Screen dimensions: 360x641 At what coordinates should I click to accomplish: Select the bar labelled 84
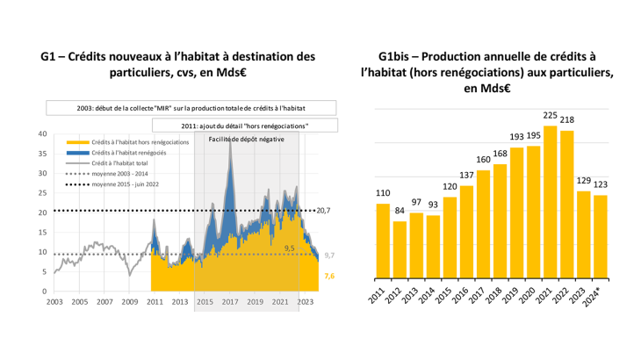400,256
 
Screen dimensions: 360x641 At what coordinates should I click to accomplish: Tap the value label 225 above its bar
551,115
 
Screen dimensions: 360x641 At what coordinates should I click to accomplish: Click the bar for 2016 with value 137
466,238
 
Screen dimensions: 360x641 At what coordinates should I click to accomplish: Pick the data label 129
584,180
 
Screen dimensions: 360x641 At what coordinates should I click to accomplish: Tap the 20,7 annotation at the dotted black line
323,211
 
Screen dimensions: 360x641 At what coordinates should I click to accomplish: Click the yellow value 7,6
329,276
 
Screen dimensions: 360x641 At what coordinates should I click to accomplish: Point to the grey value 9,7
329,255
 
